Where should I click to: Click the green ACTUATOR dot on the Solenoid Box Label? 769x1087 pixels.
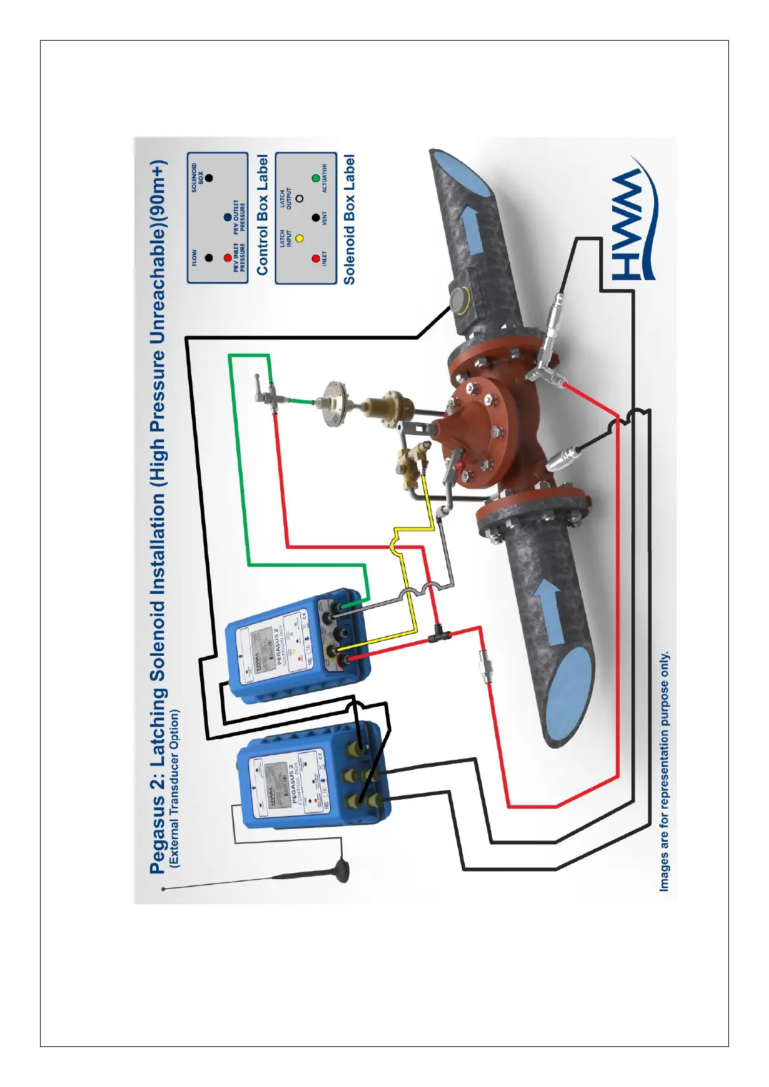(x=316, y=178)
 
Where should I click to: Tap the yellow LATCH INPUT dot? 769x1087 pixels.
(x=300, y=238)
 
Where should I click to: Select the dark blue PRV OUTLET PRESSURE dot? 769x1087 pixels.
(x=227, y=218)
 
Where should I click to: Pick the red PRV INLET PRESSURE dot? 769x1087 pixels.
(x=227, y=258)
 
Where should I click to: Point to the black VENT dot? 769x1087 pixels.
(x=316, y=218)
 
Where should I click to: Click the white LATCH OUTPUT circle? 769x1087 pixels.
(x=300, y=198)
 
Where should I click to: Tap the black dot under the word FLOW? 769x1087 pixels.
(x=208, y=258)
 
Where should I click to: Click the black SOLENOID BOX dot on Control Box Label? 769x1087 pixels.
(x=208, y=178)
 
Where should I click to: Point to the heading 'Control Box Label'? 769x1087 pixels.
(x=262, y=215)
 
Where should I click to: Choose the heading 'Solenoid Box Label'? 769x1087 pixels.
(x=349, y=219)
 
